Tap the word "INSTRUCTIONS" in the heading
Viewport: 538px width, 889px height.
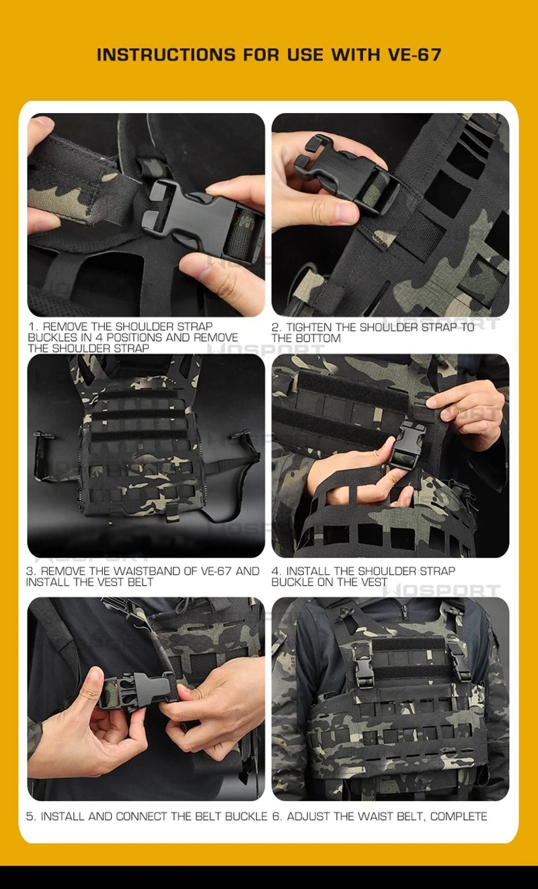pyautogui.click(x=166, y=54)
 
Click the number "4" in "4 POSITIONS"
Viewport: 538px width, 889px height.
pyautogui.click(x=99, y=338)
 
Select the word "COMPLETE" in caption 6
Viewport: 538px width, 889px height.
pyautogui.click(x=459, y=816)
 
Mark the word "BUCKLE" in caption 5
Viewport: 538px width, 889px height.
pyautogui.click(x=246, y=816)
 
